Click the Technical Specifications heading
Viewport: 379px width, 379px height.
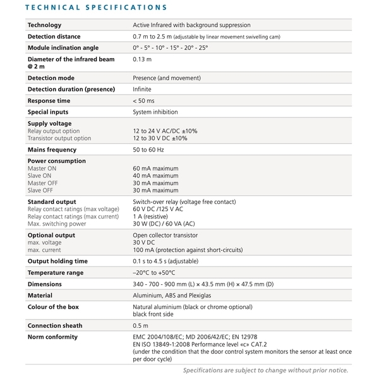coord(95,8)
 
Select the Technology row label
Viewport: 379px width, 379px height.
coord(44,25)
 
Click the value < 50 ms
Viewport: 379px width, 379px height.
coord(143,101)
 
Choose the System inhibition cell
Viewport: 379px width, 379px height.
coord(160,112)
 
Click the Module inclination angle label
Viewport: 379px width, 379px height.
coord(63,48)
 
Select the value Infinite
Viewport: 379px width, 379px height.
coord(142,90)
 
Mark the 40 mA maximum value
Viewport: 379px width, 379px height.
coord(155,176)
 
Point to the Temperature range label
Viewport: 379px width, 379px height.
coord(56,273)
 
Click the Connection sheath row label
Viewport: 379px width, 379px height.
coord(55,326)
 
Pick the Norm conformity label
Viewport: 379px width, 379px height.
coord(52,337)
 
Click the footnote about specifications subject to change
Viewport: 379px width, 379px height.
coord(266,371)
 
